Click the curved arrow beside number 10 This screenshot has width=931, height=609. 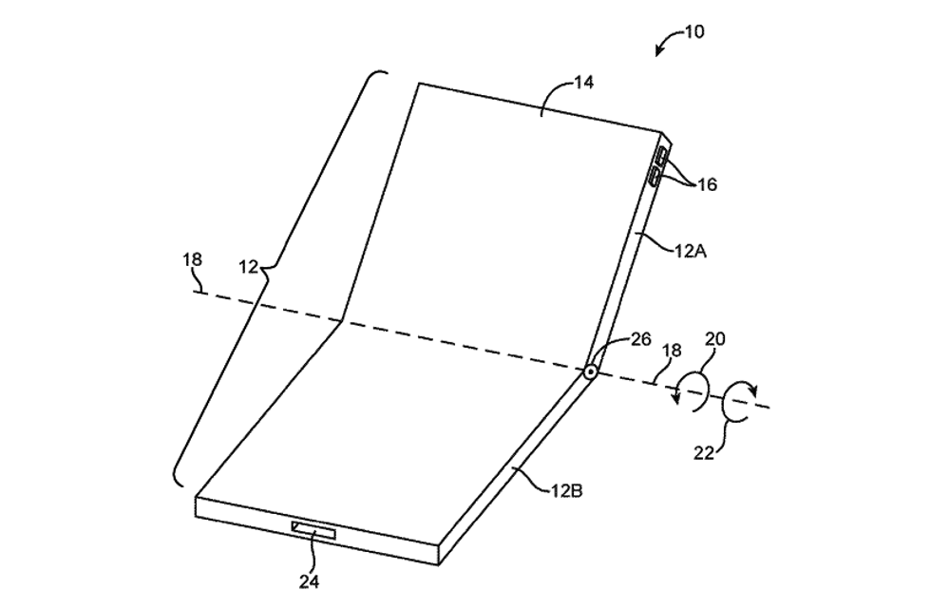pos(668,42)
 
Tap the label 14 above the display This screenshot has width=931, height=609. pos(583,83)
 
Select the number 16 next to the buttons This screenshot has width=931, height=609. pos(707,184)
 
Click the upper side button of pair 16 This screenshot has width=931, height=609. pos(661,158)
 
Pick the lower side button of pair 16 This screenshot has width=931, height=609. pos(655,177)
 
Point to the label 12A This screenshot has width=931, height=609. pos(691,251)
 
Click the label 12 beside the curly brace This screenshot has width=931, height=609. pos(249,268)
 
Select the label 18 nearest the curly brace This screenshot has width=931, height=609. pos(192,259)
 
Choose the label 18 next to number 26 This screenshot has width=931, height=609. pos(672,351)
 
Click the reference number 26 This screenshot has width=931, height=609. pos(641,339)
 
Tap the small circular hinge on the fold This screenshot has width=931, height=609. pos(590,372)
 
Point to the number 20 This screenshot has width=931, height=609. pos(714,339)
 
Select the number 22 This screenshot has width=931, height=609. pos(704,453)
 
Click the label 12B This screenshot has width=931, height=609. pos(566,491)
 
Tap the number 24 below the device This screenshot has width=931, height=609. pos(309,582)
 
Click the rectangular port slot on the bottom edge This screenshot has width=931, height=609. pos(313,530)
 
